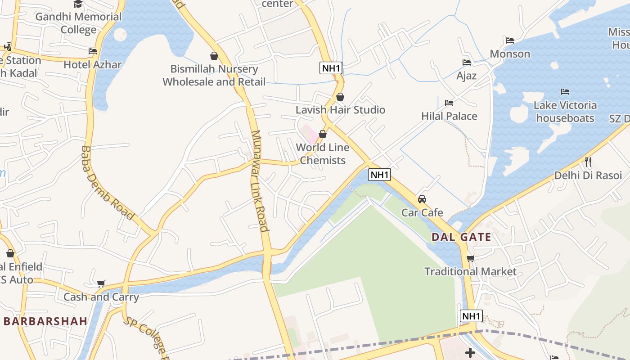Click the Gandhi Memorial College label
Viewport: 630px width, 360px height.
(x=79, y=23)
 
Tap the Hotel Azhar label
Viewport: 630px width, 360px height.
(x=93, y=64)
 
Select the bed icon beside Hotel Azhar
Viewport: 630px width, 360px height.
(x=93, y=51)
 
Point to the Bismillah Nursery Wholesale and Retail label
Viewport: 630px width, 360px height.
(x=214, y=75)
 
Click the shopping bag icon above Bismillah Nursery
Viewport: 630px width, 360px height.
(x=214, y=56)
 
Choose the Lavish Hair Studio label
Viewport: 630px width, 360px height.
(x=340, y=110)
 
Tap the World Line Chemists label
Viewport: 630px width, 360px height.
(x=323, y=154)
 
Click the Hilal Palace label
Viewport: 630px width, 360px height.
(x=449, y=116)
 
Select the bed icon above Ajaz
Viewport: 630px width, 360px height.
(x=467, y=63)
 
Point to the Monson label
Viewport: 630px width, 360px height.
(x=510, y=54)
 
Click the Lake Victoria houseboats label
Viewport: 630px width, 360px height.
(x=565, y=112)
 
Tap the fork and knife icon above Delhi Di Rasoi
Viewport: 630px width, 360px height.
(x=588, y=162)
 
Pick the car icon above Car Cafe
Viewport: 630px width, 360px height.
(x=422, y=199)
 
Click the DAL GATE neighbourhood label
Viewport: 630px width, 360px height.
(x=461, y=237)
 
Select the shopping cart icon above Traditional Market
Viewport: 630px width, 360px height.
(x=471, y=258)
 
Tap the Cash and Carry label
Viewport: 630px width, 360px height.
(x=101, y=297)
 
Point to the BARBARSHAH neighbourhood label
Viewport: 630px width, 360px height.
(x=45, y=321)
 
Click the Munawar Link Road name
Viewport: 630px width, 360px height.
(x=260, y=181)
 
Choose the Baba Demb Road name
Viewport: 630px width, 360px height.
(x=108, y=183)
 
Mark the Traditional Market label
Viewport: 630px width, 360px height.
(x=471, y=272)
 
